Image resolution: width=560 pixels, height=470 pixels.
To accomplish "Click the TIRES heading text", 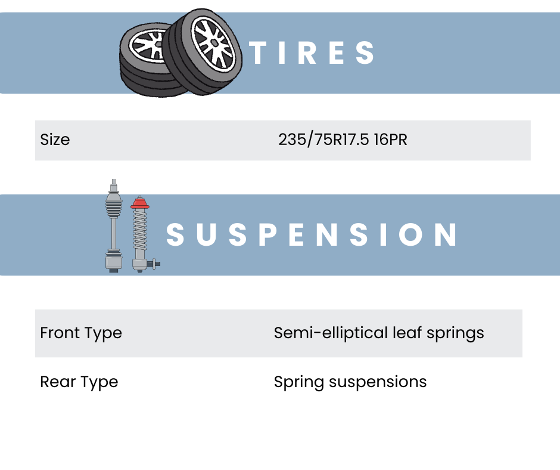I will [312, 53].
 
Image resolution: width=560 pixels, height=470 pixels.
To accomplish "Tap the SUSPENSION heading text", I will [312, 234].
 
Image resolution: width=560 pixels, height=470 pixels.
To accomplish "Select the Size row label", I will [55, 140].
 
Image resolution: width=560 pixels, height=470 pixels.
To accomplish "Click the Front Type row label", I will [81, 333].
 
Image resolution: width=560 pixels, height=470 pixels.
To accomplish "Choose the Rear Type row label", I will [79, 382].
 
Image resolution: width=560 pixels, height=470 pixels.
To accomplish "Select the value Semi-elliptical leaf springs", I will [379, 333].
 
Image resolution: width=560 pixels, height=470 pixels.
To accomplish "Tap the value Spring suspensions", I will [350, 382].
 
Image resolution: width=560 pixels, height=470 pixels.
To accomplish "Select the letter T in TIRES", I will [257, 53].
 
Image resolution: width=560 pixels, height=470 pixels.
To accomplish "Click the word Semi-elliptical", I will [331, 333].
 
